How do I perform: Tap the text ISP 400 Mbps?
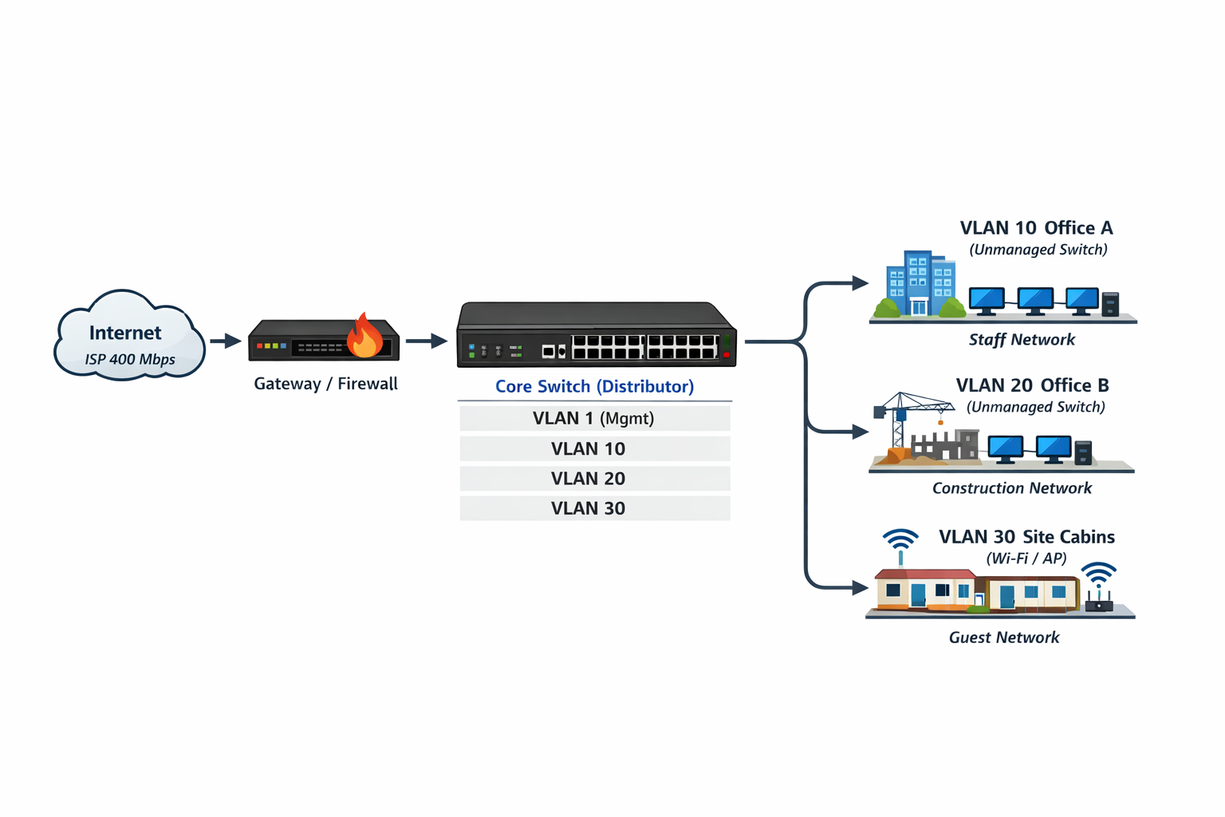click(130, 359)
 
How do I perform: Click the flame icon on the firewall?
click(364, 336)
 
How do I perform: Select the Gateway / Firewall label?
click(325, 384)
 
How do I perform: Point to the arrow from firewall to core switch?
click(427, 341)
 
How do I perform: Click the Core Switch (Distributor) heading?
click(594, 386)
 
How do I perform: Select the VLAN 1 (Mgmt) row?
click(594, 418)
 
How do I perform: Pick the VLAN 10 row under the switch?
click(594, 448)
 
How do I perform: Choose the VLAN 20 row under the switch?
click(594, 479)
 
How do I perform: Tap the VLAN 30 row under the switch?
click(594, 508)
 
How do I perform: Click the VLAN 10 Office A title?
click(1036, 228)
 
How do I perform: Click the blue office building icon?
click(920, 285)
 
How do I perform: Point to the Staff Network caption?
click(1022, 340)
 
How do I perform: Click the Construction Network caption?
click(1011, 488)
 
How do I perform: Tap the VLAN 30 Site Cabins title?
click(1026, 537)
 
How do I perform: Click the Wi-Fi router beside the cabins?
click(1099, 590)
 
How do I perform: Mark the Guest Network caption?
click(1004, 637)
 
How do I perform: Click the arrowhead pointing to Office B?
click(861, 432)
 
